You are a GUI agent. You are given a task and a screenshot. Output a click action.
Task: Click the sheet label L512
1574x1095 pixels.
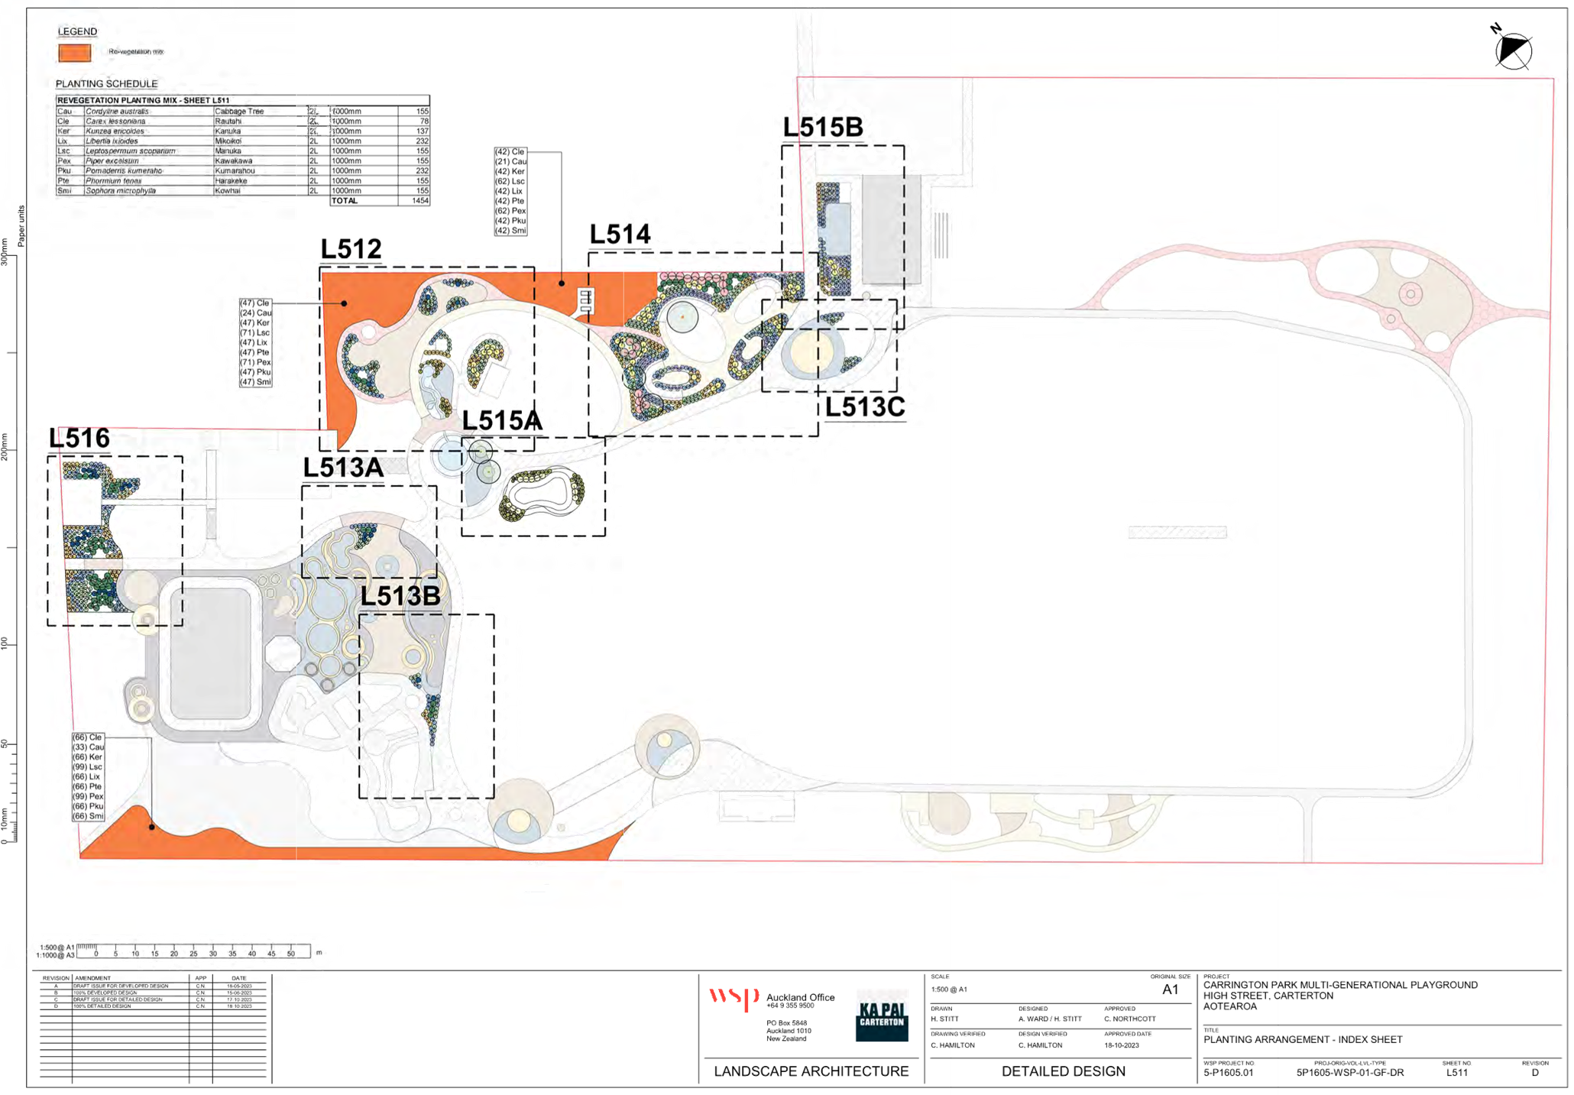[x=351, y=249]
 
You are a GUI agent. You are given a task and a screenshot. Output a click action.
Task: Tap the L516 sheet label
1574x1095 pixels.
[x=79, y=439]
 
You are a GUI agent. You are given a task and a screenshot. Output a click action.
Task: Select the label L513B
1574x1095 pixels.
[x=400, y=596]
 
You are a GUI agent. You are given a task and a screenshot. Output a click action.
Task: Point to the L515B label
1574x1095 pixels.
[x=823, y=128]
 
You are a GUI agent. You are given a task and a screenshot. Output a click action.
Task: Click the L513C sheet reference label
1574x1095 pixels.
[x=865, y=407]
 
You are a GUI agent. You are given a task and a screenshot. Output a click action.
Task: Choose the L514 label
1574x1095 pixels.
[x=620, y=235]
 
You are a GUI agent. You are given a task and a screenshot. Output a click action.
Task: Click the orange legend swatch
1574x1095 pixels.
[x=75, y=53]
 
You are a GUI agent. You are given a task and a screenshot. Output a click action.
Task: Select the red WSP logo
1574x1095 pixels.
[x=733, y=998]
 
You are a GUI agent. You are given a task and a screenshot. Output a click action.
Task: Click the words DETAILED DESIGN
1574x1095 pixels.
[x=1064, y=1071]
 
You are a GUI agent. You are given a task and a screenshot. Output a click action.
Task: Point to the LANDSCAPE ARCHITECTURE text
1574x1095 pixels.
[x=811, y=1071]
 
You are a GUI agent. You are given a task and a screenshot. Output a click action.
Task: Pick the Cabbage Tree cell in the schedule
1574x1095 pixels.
[x=240, y=112]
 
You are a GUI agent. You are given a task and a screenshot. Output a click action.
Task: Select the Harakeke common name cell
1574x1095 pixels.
[x=232, y=181]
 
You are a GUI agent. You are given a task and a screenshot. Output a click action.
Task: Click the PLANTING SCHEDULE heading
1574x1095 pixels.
[x=107, y=83]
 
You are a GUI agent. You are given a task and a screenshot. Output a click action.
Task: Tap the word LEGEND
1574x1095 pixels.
[x=78, y=31]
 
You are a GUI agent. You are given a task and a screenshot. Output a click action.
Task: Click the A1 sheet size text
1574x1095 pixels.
[x=1170, y=990]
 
